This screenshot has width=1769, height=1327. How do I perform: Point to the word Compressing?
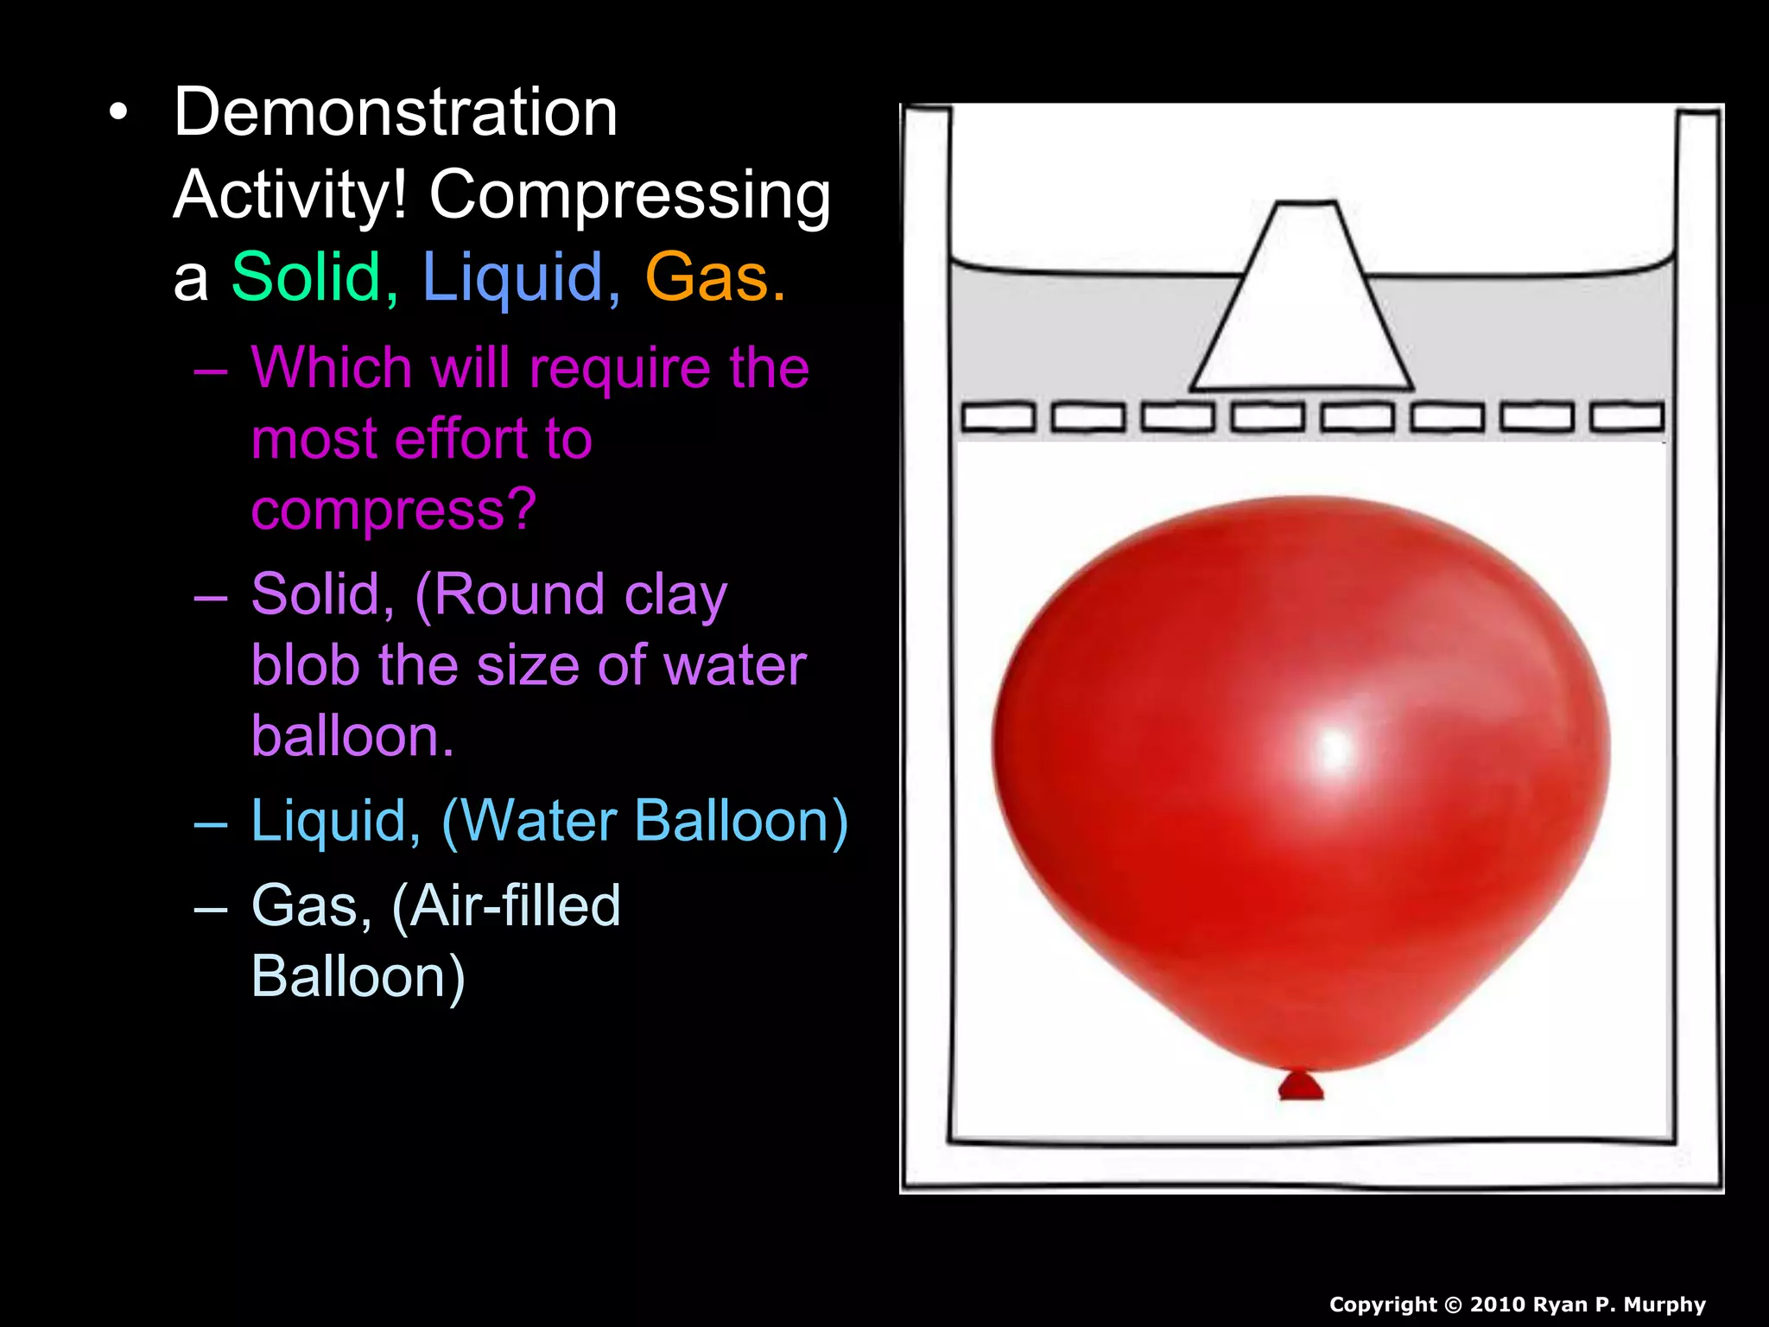630,195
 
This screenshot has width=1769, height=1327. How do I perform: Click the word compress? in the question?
394,510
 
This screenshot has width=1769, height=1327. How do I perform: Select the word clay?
675,596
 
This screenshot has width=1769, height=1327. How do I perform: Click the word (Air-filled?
506,906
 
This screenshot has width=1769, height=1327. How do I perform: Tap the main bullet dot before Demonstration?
118,112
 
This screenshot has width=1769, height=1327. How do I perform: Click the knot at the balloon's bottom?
1301,1086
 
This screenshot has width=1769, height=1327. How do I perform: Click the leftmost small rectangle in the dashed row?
998,418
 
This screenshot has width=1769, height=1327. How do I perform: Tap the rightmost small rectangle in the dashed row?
1627,418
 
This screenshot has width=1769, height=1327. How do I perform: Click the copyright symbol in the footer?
1454,1305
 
